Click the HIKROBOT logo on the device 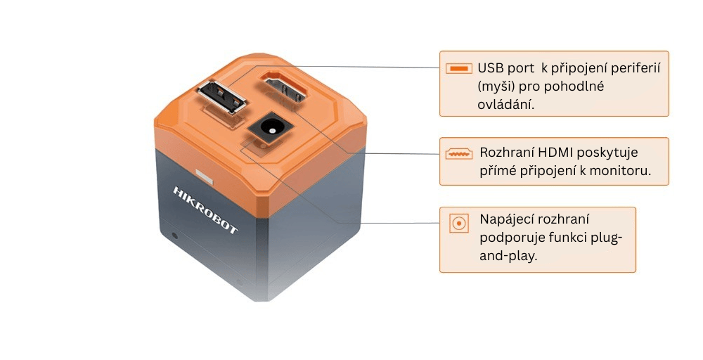206,210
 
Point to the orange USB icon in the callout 458,69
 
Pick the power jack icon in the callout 458,224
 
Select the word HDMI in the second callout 555,153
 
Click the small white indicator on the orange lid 203,176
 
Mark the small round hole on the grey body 174,234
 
